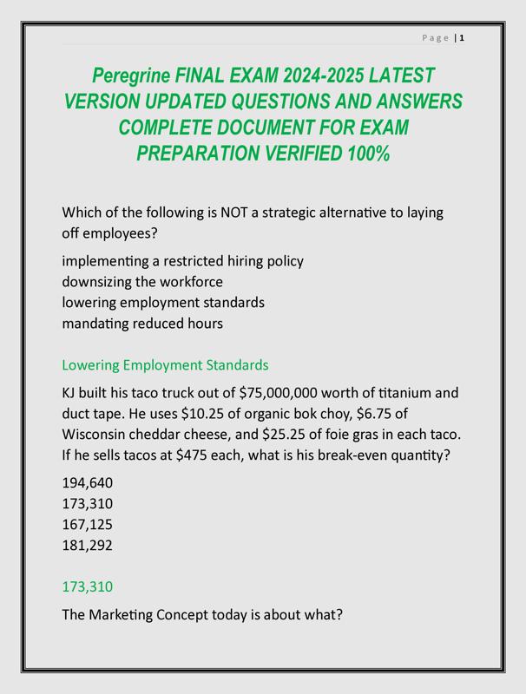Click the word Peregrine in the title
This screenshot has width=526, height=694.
coord(132,75)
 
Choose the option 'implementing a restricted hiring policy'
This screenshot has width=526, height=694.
coord(182,260)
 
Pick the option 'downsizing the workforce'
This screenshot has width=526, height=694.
coord(142,282)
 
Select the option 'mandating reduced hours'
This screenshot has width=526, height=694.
coord(142,324)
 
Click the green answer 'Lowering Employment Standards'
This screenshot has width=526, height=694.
coord(165,365)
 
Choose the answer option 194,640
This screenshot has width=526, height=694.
coord(88,483)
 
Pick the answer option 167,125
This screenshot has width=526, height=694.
coord(88,525)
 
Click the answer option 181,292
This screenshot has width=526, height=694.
coord(88,546)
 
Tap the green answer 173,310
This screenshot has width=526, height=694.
coord(88,587)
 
